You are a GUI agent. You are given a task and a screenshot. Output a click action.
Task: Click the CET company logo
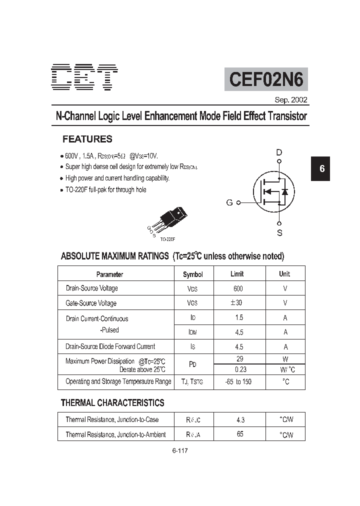tap(85, 77)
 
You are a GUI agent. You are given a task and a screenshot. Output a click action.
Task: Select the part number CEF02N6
tap(266, 79)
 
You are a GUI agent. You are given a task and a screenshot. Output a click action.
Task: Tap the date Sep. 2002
tap(291, 100)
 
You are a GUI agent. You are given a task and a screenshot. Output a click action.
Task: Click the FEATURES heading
tap(87, 139)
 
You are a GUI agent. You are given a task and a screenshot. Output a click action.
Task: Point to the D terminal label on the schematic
tap(279, 152)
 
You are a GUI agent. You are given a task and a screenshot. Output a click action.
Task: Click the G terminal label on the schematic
tap(229, 202)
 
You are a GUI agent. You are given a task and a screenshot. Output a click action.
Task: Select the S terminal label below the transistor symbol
tap(279, 232)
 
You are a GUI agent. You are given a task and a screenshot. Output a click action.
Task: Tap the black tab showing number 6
tap(322, 168)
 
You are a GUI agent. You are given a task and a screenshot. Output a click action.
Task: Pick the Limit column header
tap(237, 274)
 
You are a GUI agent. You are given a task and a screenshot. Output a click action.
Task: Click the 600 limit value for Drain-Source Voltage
tap(238, 288)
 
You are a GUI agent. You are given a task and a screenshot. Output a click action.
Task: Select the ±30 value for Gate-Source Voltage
tap(237, 303)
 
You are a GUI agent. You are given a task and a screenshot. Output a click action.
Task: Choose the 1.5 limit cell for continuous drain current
tap(239, 318)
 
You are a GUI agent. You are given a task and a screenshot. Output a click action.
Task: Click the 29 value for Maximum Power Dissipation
tap(240, 359)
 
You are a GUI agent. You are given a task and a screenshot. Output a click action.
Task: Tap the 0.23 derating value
tap(240, 369)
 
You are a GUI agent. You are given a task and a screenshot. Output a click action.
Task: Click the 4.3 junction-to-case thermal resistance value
tap(240, 420)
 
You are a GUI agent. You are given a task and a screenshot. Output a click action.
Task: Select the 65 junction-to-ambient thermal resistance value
tap(240, 434)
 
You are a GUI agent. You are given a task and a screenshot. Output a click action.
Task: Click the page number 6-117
tap(179, 450)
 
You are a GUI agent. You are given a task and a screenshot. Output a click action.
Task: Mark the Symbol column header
tap(193, 274)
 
